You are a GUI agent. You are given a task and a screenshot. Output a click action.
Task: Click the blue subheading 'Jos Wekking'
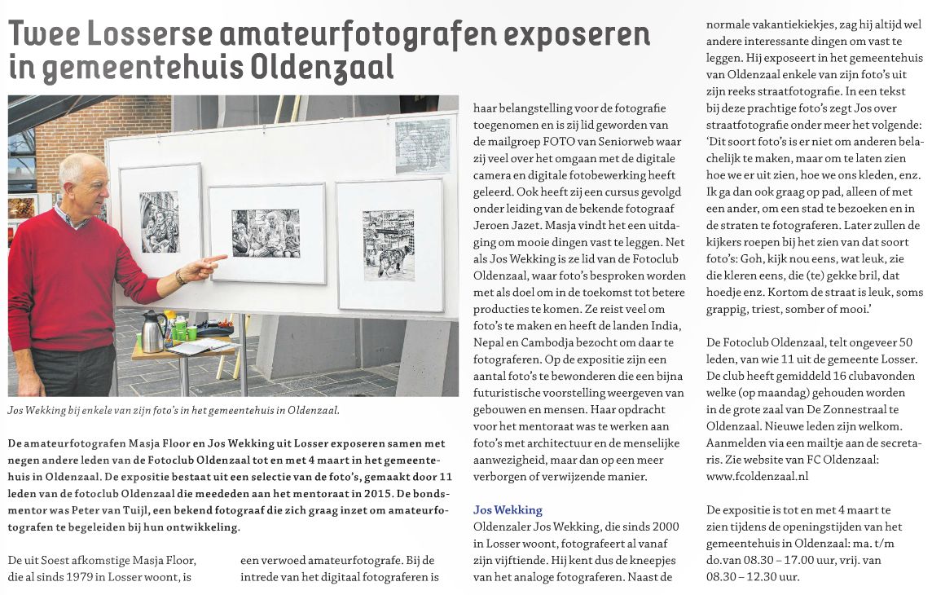508,510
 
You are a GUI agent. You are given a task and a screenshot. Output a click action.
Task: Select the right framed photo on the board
389,245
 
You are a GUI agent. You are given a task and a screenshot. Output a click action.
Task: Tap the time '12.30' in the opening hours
755,577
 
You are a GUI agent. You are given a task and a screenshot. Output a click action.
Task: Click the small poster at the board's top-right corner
422,145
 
